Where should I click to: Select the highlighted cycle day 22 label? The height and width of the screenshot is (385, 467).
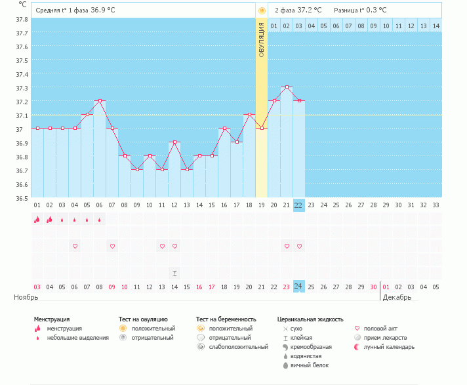point(298,205)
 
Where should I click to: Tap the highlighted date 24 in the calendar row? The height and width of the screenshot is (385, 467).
point(298,286)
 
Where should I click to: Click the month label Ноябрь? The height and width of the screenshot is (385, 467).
point(26,297)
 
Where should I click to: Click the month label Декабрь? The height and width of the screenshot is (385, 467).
point(397,297)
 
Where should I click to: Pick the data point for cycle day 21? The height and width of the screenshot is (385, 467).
point(286,87)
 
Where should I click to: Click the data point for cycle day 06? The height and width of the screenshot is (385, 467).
point(100,100)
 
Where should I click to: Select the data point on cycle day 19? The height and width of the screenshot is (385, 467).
point(261,128)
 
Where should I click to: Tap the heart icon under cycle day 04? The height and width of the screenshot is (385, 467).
point(75,246)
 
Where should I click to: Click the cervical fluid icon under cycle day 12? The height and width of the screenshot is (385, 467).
point(174,272)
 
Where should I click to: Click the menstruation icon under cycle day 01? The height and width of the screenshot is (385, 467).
point(37,220)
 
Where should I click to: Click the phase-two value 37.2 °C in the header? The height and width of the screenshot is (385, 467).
point(308,10)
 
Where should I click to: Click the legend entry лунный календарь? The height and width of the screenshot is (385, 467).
point(387,346)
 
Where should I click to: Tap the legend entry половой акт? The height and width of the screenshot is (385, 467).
point(383,328)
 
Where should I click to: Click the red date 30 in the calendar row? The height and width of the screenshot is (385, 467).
point(373,286)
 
